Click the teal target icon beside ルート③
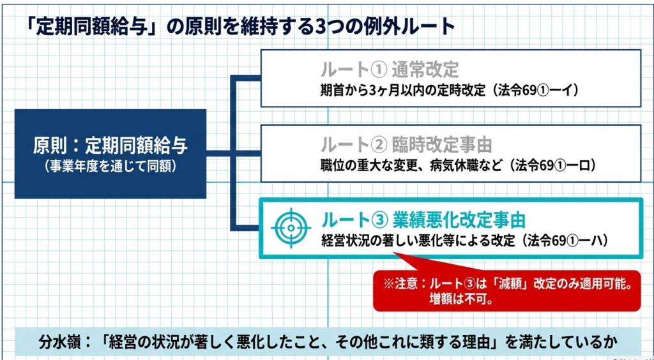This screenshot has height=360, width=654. (291, 227)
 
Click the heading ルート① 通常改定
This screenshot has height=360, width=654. (390, 70)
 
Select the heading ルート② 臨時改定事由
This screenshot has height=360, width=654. (406, 145)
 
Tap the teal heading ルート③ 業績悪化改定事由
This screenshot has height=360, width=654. (423, 220)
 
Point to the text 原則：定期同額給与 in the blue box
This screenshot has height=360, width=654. (110, 145)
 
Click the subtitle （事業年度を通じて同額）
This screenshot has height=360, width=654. (110, 166)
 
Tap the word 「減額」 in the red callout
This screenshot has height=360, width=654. (511, 284)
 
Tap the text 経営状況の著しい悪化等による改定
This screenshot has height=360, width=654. (418, 241)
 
